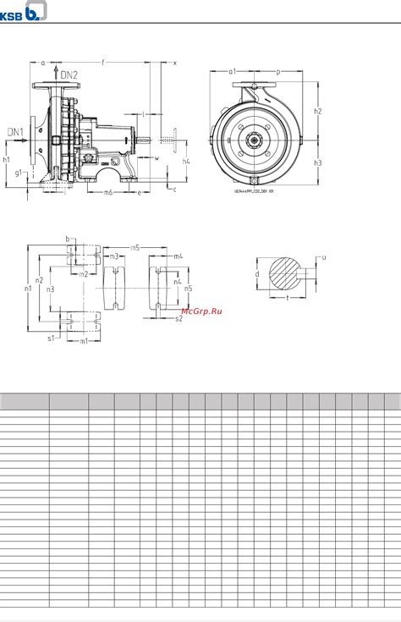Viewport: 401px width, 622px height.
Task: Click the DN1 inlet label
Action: (15, 131)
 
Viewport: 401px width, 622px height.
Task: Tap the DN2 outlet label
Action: (69, 76)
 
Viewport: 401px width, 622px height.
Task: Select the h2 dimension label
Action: (317, 111)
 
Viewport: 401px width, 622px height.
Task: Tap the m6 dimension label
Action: (107, 193)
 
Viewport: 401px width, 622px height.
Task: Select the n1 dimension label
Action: (28, 289)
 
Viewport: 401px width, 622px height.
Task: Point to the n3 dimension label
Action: (51, 289)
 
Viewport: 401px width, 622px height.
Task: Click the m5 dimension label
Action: (135, 247)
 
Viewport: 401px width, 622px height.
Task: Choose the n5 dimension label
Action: (188, 288)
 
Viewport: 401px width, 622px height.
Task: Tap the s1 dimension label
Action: (51, 337)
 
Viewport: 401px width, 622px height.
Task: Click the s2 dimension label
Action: (179, 319)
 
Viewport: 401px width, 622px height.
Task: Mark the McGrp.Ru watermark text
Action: (203, 311)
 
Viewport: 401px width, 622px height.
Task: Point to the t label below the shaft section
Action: (288, 299)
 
